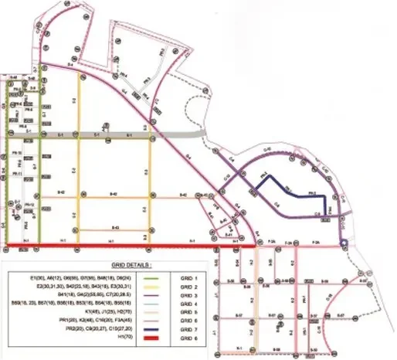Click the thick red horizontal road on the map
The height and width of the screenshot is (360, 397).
tap(108, 247)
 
